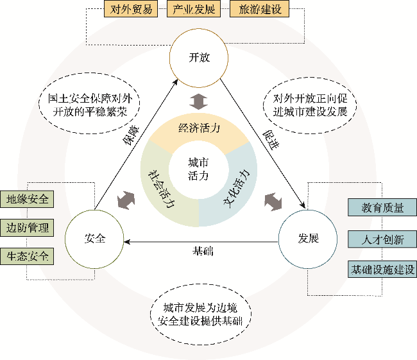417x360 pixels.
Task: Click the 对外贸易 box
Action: pyautogui.click(x=131, y=9)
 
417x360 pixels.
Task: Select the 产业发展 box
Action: pyautogui.click(x=194, y=9)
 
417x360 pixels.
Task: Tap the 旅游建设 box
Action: pyautogui.click(x=259, y=9)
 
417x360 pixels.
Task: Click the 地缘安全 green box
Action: pyautogui.click(x=27, y=199)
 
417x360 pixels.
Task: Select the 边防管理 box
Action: pyautogui.click(x=27, y=228)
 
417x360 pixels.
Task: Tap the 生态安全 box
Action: pyautogui.click(x=27, y=256)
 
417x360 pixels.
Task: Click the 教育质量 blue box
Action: pyautogui.click(x=382, y=207)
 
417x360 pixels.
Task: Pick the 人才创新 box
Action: pyautogui.click(x=382, y=239)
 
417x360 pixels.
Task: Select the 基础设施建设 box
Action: pyautogui.click(x=382, y=270)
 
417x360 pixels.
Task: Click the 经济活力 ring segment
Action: pyautogui.click(x=199, y=128)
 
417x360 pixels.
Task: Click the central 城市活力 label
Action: pyautogui.click(x=198, y=169)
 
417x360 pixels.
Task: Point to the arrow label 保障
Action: pyautogui.click(x=131, y=135)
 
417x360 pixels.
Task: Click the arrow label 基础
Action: pyautogui.click(x=203, y=251)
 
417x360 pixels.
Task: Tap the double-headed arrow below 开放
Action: pyautogui.click(x=198, y=101)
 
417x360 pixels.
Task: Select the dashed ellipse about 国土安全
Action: pyautogui.click(x=89, y=103)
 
